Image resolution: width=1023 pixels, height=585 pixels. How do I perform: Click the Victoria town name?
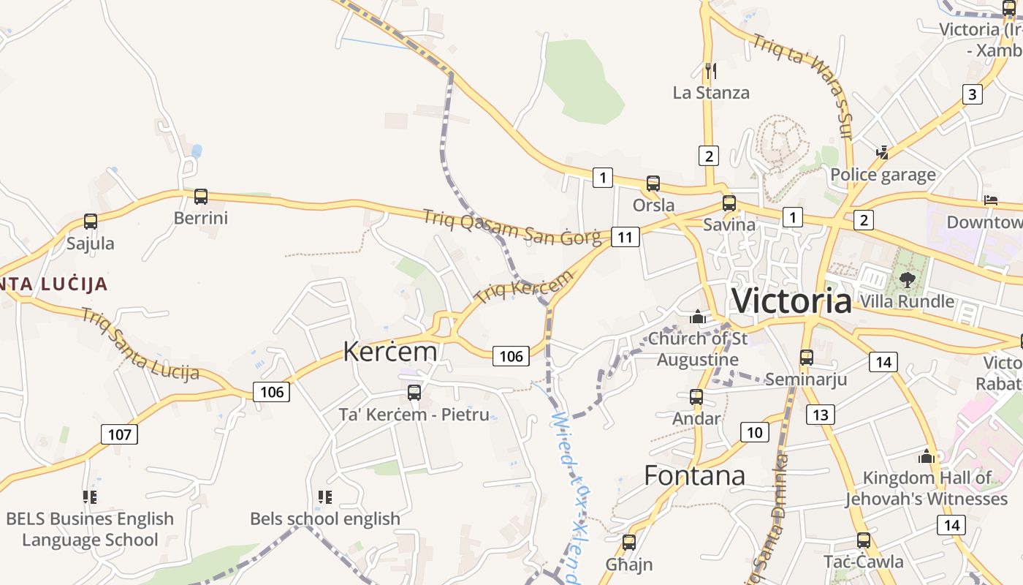click(791, 301)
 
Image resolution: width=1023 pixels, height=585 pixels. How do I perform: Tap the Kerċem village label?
click(390, 352)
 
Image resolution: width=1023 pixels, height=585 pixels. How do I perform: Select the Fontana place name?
click(694, 476)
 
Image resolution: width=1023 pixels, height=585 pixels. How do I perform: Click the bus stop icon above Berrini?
click(200, 197)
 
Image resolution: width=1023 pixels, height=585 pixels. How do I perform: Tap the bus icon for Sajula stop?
click(91, 222)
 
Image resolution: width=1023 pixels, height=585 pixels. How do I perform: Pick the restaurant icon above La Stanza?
click(710, 70)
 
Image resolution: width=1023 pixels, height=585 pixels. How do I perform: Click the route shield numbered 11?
click(625, 237)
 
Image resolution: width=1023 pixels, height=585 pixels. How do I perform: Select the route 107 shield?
click(119, 434)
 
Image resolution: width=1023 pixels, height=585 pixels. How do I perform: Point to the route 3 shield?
click(971, 94)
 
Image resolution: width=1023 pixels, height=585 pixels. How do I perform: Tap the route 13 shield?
click(820, 415)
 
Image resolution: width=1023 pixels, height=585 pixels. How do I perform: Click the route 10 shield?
click(754, 432)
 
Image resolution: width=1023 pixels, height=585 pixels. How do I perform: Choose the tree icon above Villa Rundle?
click(907, 279)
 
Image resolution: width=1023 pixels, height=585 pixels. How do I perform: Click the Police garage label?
click(883, 175)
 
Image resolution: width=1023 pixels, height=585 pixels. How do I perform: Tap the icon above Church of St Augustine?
click(697, 317)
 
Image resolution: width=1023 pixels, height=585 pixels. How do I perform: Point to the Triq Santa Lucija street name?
click(140, 344)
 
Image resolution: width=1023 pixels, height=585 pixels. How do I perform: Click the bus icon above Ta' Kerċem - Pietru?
click(414, 393)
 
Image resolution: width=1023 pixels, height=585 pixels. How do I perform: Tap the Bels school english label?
click(325, 519)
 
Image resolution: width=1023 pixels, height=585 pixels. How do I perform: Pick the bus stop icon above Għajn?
click(628, 543)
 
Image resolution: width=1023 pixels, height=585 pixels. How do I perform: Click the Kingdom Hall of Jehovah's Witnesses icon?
click(927, 457)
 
